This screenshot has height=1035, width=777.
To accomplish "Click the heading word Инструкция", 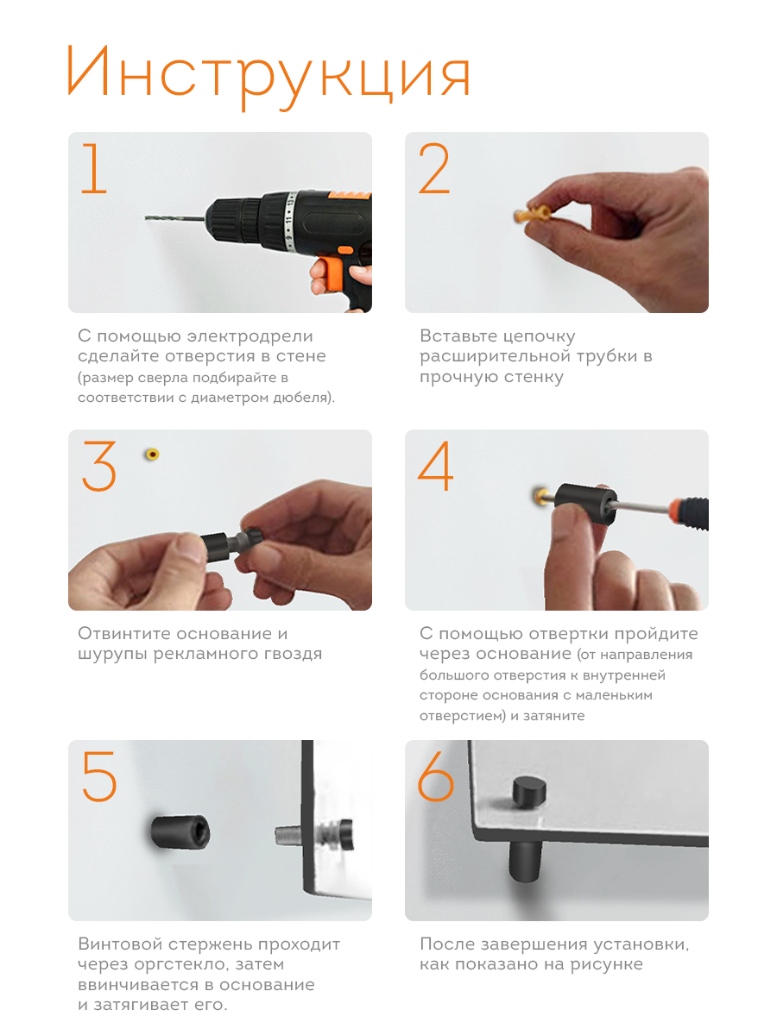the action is click(268, 75).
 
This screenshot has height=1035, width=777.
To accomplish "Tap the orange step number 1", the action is click(94, 168).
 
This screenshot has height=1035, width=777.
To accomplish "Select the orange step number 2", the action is click(434, 168).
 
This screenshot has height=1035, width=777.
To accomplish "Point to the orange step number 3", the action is click(99, 466).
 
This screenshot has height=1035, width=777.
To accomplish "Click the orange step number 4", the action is click(435, 466).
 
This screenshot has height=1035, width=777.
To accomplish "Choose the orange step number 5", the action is click(99, 775).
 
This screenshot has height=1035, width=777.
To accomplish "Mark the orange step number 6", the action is click(435, 775).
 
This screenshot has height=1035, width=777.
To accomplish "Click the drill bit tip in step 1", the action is click(146, 218).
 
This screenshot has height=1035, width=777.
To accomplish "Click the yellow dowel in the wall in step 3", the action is click(152, 454).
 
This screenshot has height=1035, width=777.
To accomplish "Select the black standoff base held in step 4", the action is click(585, 505).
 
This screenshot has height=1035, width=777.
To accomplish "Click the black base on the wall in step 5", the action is click(180, 832).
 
